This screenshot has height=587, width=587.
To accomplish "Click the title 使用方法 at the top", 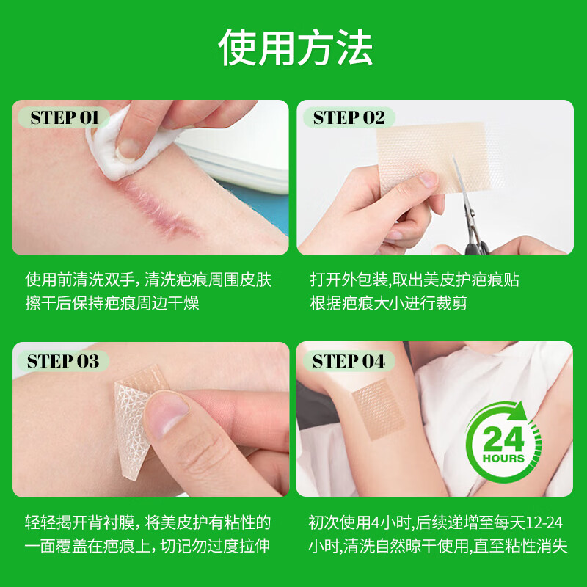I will (295, 48).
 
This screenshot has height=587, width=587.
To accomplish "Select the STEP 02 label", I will (349, 118).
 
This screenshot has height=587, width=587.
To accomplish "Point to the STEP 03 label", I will (63, 361).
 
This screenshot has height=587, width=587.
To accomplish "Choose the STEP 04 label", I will (349, 361).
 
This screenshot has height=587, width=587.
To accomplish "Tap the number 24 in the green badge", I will (503, 440).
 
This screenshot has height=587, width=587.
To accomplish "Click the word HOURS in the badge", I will (503, 459).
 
